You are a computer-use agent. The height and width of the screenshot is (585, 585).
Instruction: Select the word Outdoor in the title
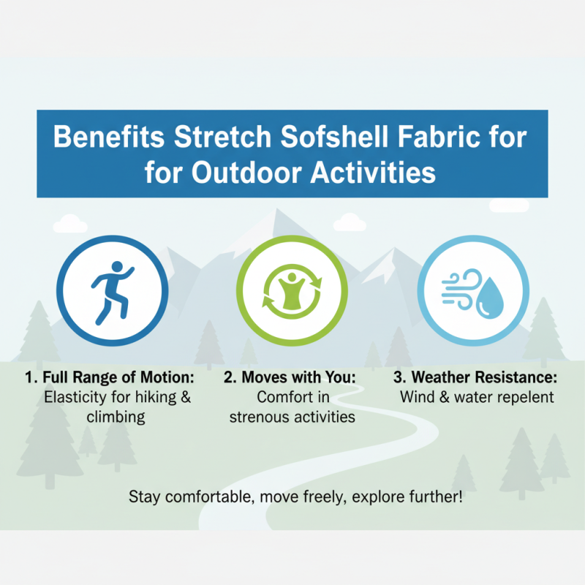(x=252, y=173)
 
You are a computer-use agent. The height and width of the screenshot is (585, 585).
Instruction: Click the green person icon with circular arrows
(x=292, y=291)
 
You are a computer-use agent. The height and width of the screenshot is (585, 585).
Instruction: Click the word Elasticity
(x=75, y=399)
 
